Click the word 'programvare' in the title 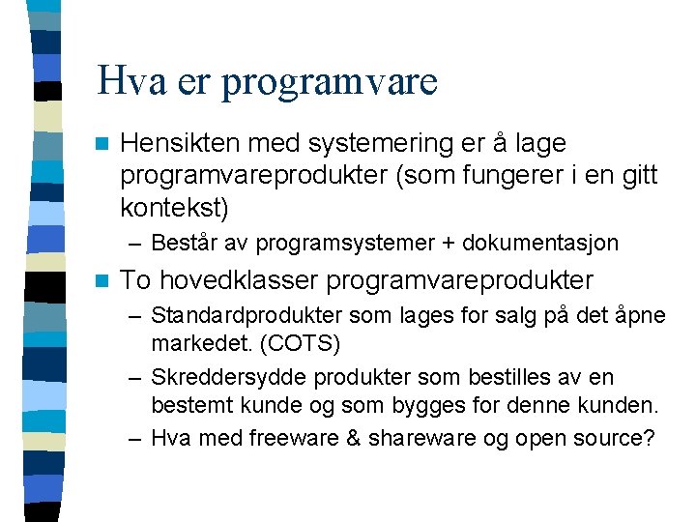point(329,82)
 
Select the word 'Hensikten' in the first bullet point(181,143)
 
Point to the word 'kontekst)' point(175,207)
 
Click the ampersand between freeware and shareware point(352,437)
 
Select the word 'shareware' point(416,437)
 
